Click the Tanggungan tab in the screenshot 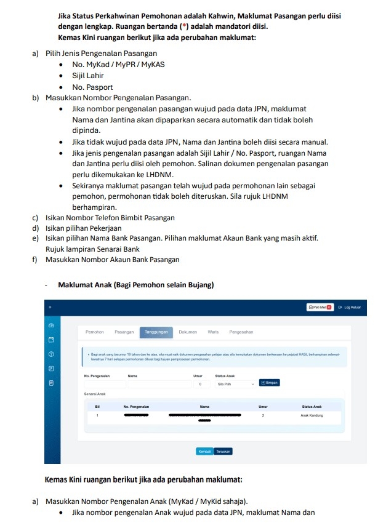click(156, 332)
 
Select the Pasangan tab click(124, 332)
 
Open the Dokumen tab click(188, 332)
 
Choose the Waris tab click(213, 332)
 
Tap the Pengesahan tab click(241, 332)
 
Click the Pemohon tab click(94, 332)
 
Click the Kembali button click(204, 451)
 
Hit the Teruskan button click(223, 451)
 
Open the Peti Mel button click(320, 307)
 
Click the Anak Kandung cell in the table click(312, 416)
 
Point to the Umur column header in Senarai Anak click(263, 406)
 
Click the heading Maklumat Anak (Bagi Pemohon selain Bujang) click(135, 285)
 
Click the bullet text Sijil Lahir click(88, 76)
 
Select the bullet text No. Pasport click(92, 87)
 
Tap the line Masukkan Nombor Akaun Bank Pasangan click(113, 260)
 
